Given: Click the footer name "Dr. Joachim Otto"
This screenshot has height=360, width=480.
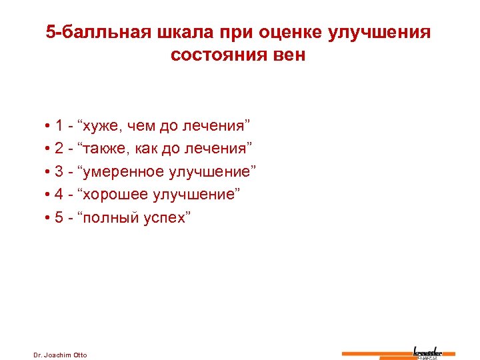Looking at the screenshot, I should [60, 354].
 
